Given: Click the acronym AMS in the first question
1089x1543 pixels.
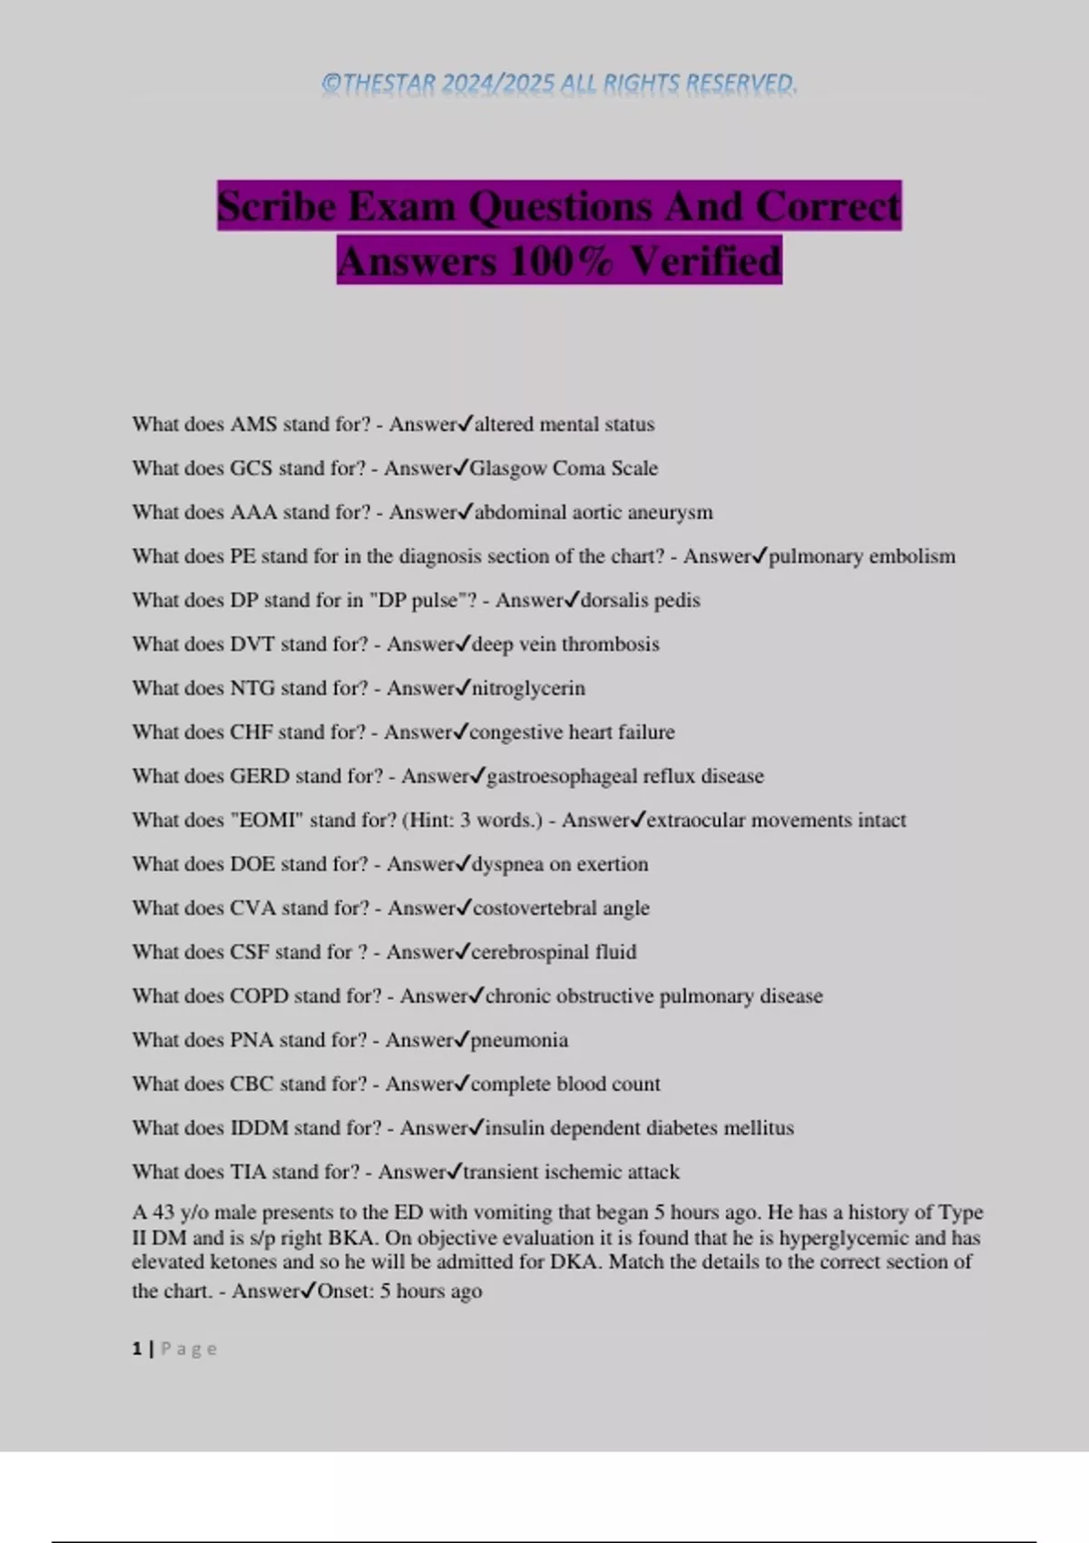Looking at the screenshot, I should click(x=253, y=424).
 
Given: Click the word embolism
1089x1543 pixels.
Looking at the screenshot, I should click(x=911, y=556).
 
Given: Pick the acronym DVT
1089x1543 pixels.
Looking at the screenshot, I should click(x=252, y=644).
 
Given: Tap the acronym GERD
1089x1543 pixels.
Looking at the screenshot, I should click(x=260, y=776).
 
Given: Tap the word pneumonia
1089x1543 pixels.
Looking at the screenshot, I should click(x=518, y=1040).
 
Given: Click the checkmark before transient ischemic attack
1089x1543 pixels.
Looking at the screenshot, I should click(x=455, y=1172).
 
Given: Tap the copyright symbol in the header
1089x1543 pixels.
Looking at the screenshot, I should click(x=331, y=84).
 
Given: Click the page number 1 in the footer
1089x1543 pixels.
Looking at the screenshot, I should click(x=137, y=1349).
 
